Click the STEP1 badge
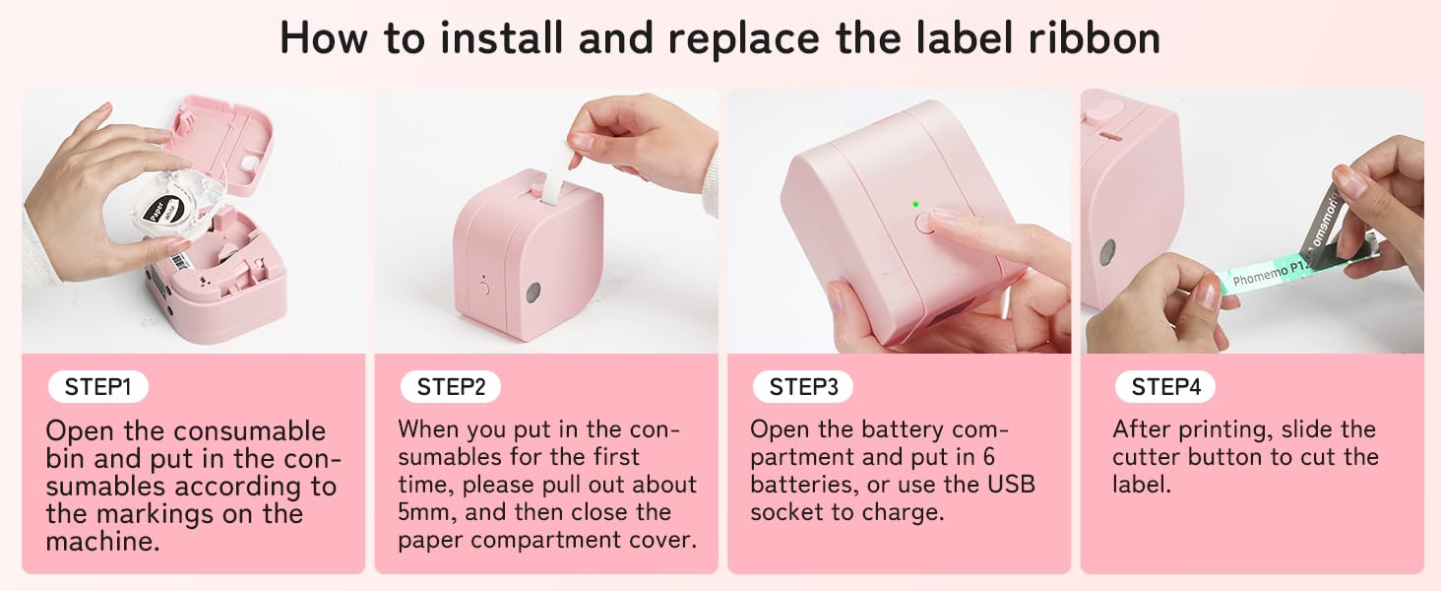click(97, 387)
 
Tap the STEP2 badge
click(451, 387)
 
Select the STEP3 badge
click(803, 387)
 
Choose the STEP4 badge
click(1165, 387)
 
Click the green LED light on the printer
click(915, 204)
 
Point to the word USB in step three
click(1009, 485)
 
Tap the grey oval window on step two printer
click(533, 292)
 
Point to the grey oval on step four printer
click(1108, 251)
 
